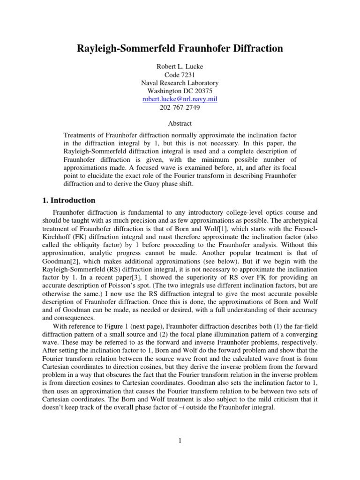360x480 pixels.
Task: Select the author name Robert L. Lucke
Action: (180, 66)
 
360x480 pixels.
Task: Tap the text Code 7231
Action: (180, 75)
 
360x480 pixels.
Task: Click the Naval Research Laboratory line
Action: (180, 83)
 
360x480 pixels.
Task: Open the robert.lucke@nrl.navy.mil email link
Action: (180, 99)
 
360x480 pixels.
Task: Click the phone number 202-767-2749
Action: (180, 108)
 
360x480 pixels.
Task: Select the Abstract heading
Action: (180, 124)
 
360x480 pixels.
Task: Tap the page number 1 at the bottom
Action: (180, 441)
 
